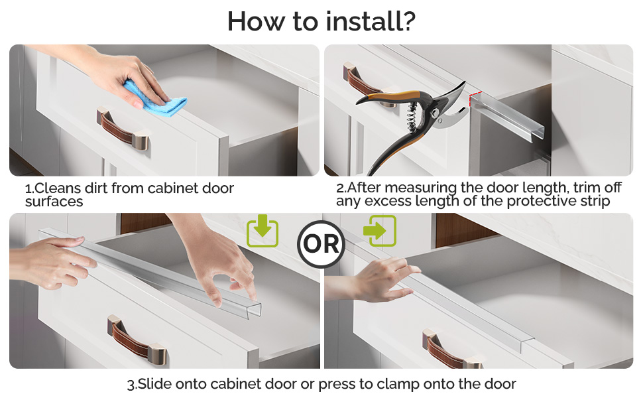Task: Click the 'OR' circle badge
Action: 321,244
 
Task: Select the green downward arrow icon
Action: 263,230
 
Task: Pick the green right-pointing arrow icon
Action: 380,231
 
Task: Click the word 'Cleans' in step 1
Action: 58,188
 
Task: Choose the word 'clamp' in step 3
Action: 397,385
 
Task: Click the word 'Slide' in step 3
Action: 154,384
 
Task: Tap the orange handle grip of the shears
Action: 394,96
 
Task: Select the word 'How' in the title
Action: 256,21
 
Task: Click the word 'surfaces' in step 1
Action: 54,202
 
